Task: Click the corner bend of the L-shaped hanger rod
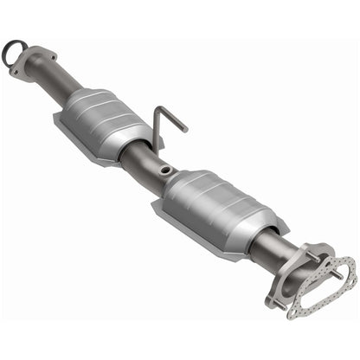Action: pyautogui.click(x=157, y=111)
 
